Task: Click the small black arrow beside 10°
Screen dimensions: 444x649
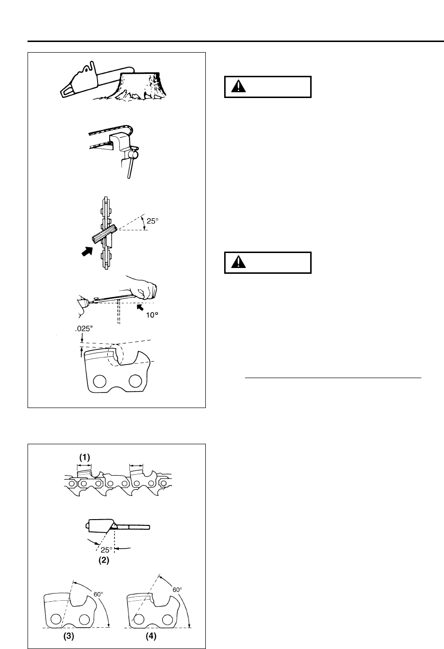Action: pyautogui.click(x=142, y=307)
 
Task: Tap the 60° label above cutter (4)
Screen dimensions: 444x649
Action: pyautogui.click(x=177, y=590)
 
